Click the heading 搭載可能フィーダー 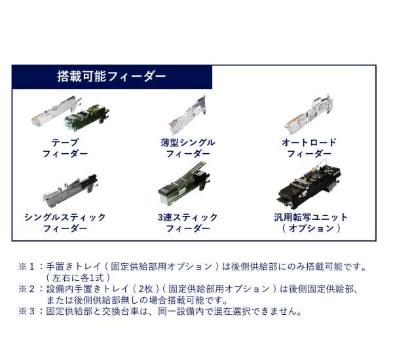(111, 77)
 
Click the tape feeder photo (65, 116)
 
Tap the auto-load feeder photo (309, 115)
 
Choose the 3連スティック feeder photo (187, 187)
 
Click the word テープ (65, 142)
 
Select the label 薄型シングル (187, 142)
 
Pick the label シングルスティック (65, 217)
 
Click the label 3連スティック (187, 217)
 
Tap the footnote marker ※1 (29, 267)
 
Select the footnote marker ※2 (29, 289)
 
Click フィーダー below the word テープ (65, 154)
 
